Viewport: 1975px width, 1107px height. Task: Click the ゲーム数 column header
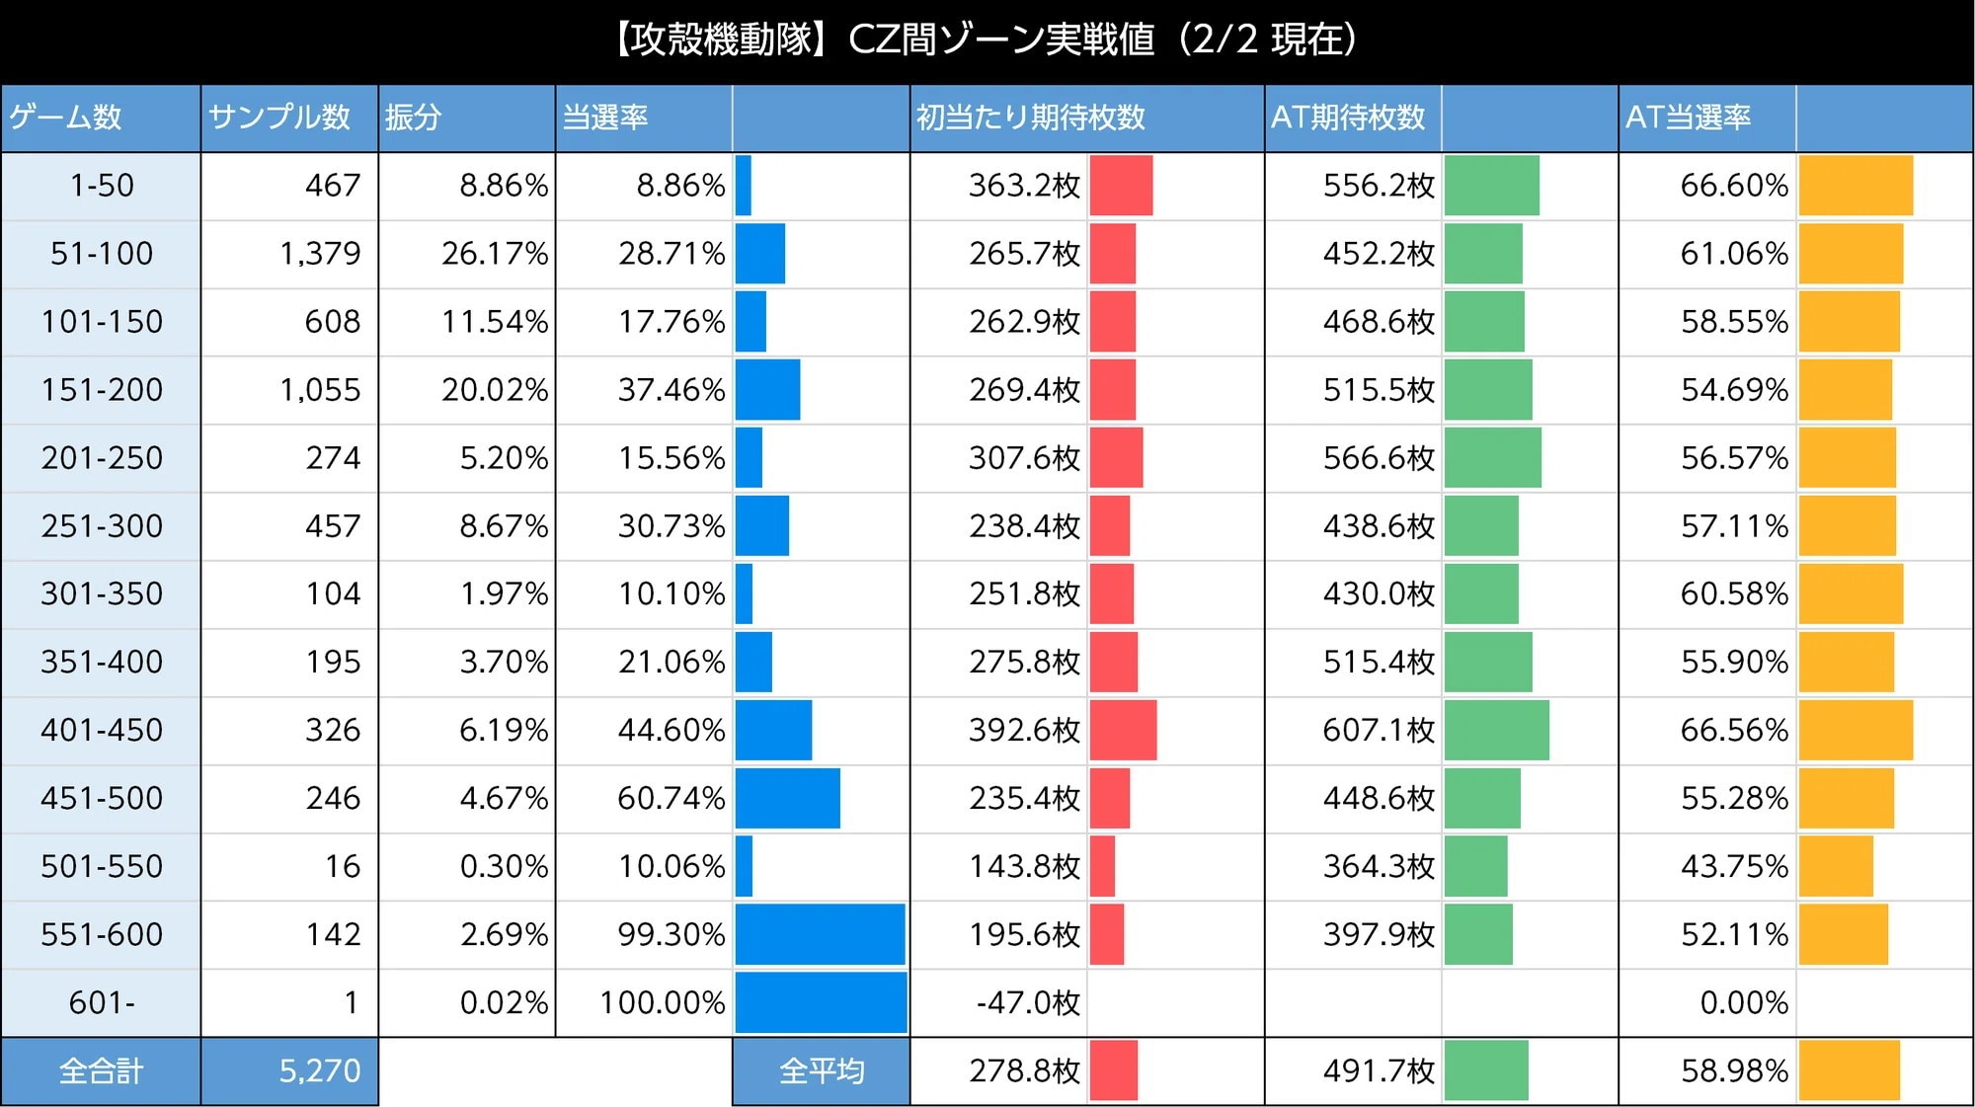coord(65,118)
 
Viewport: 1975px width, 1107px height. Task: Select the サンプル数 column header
coord(279,118)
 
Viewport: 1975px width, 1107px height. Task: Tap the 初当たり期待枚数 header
coord(1031,118)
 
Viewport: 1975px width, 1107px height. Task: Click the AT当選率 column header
coord(1688,118)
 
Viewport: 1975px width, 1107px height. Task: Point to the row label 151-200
coord(102,390)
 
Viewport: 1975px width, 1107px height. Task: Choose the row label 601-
coord(102,1003)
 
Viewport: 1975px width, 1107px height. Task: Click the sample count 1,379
coord(320,254)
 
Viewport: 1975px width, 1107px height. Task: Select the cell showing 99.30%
coord(671,935)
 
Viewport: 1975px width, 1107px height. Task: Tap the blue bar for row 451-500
coord(787,798)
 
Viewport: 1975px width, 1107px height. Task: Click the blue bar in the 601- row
coord(821,1002)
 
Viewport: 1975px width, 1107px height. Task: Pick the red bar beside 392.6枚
coord(1123,730)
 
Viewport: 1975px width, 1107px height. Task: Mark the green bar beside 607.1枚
coord(1496,730)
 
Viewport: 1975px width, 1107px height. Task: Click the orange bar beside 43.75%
coord(1836,866)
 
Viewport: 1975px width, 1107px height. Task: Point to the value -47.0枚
coord(1028,1003)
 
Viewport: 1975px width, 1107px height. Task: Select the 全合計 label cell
coord(102,1071)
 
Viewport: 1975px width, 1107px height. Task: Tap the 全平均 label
coord(822,1071)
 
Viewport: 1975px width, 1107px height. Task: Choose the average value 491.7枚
coord(1379,1071)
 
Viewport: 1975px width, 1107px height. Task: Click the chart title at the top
coord(987,40)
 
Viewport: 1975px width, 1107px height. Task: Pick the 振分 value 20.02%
coord(494,390)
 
